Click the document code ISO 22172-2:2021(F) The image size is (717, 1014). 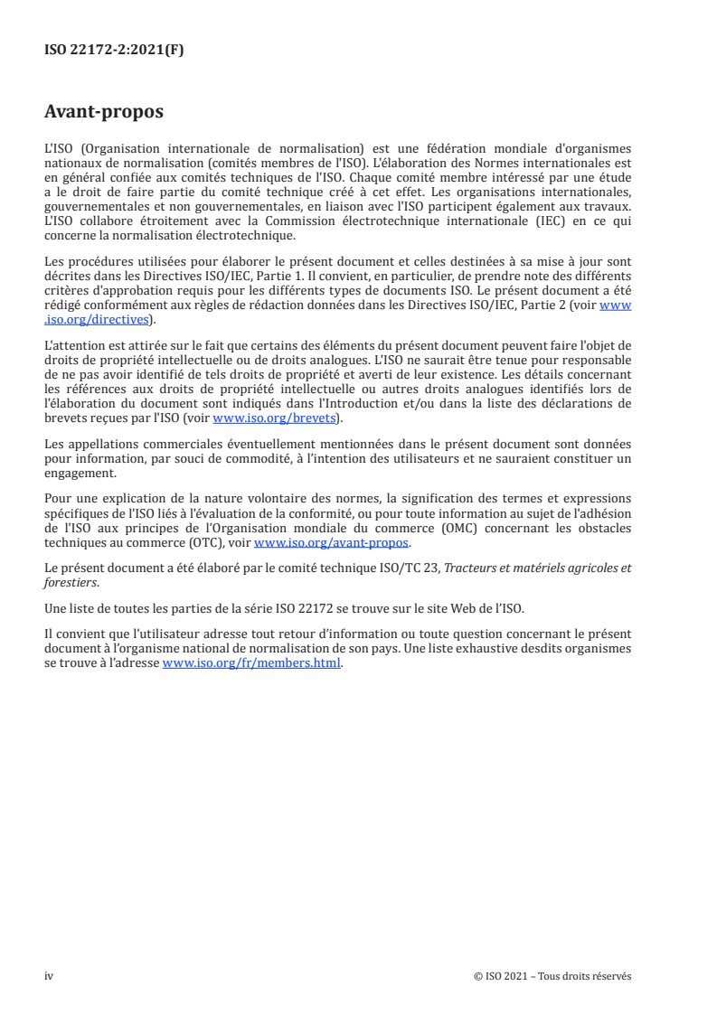click(x=114, y=51)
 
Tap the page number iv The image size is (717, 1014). click(x=49, y=976)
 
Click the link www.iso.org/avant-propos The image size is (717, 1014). click(x=332, y=542)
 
